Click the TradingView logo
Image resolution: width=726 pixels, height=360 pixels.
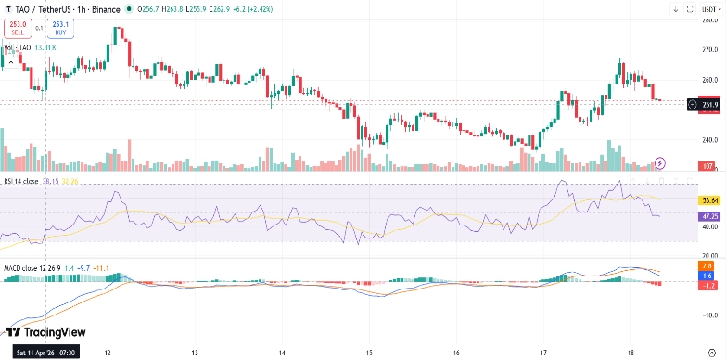tap(45, 332)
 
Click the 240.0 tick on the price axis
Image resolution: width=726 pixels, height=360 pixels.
tap(708, 140)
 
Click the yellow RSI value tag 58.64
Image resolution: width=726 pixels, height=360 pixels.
tap(709, 199)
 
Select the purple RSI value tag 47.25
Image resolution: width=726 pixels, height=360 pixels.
tap(709, 214)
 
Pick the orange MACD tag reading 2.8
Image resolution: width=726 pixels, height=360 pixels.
tap(708, 265)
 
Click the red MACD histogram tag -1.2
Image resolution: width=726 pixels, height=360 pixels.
tap(708, 285)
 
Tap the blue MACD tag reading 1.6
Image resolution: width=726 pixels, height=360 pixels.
tap(708, 276)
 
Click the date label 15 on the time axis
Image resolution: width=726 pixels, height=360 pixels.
tap(368, 354)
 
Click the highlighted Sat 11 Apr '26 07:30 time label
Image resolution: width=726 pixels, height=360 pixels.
tap(45, 354)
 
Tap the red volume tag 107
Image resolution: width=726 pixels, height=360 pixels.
tap(707, 166)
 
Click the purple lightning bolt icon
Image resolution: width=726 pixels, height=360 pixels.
tap(659, 162)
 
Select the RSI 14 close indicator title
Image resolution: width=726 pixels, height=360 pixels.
tap(19, 181)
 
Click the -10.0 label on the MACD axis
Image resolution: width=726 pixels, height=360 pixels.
tap(708, 315)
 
